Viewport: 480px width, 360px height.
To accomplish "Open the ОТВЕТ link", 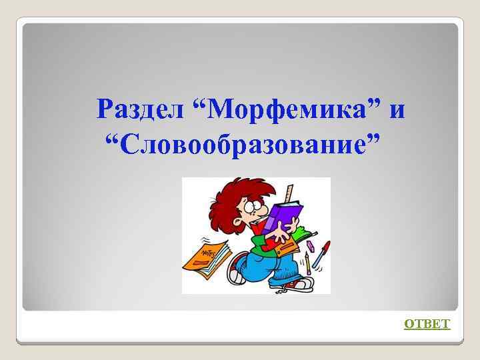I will click(427, 324).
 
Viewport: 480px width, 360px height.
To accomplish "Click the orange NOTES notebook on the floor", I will click(207, 257).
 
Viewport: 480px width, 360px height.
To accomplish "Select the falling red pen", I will click(321, 254).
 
